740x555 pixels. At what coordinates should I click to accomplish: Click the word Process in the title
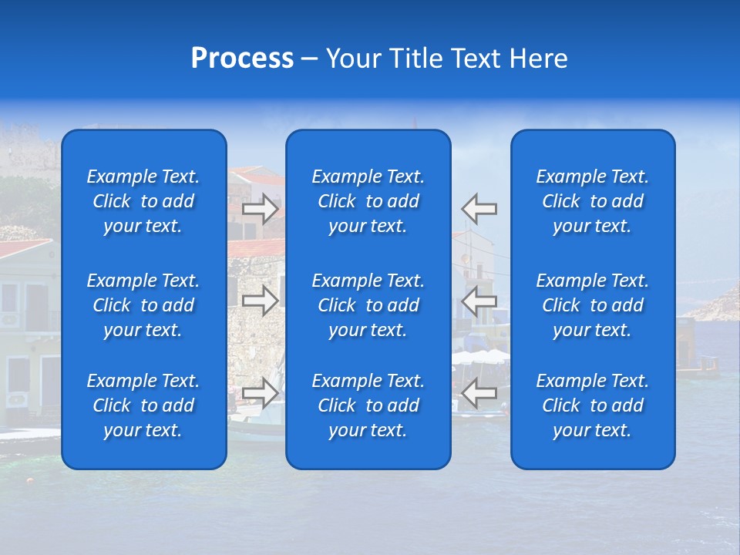tap(242, 59)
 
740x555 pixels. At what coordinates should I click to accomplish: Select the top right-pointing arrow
tap(261, 208)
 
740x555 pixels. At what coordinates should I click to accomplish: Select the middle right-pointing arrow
tap(261, 301)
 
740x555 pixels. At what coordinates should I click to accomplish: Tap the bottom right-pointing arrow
tap(261, 393)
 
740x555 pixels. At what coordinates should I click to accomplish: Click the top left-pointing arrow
tap(479, 208)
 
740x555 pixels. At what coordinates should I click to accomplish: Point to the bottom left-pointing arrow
tap(479, 393)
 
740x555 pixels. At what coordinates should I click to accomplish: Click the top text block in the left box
tap(143, 201)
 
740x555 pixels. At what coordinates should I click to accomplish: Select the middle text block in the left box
tap(143, 305)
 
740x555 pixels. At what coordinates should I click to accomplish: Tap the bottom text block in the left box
tap(143, 405)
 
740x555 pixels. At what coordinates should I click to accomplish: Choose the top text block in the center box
tap(368, 201)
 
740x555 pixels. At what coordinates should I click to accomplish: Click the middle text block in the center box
tap(368, 305)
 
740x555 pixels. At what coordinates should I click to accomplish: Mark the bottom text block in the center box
tap(368, 405)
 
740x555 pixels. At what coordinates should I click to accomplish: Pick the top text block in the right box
tap(593, 201)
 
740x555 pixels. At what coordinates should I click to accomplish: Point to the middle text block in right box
tap(593, 305)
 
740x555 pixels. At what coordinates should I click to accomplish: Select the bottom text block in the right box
tap(593, 405)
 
